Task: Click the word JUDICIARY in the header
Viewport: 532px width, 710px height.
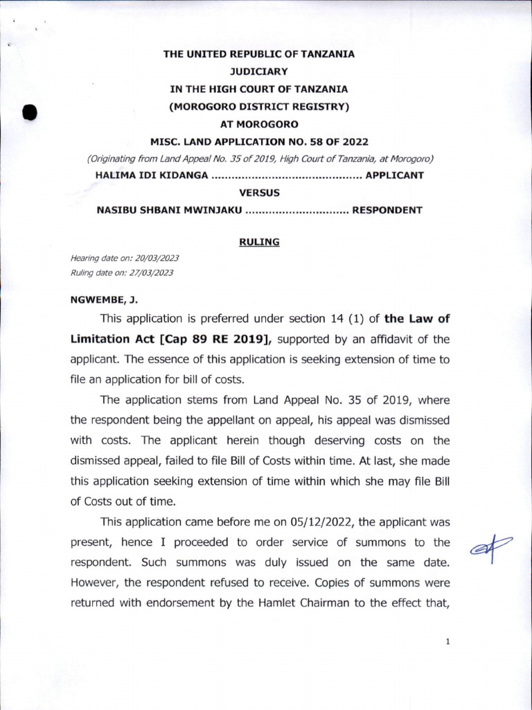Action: pos(258,71)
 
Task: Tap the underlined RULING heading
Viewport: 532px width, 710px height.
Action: pos(258,242)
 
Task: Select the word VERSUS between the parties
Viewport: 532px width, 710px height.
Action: pos(258,193)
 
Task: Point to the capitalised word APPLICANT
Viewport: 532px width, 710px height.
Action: pos(394,175)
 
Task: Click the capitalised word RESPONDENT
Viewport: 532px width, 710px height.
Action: pos(387,210)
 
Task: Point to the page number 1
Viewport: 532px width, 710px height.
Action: pos(448,642)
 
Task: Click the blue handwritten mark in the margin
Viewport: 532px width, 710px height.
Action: pos(490,547)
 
